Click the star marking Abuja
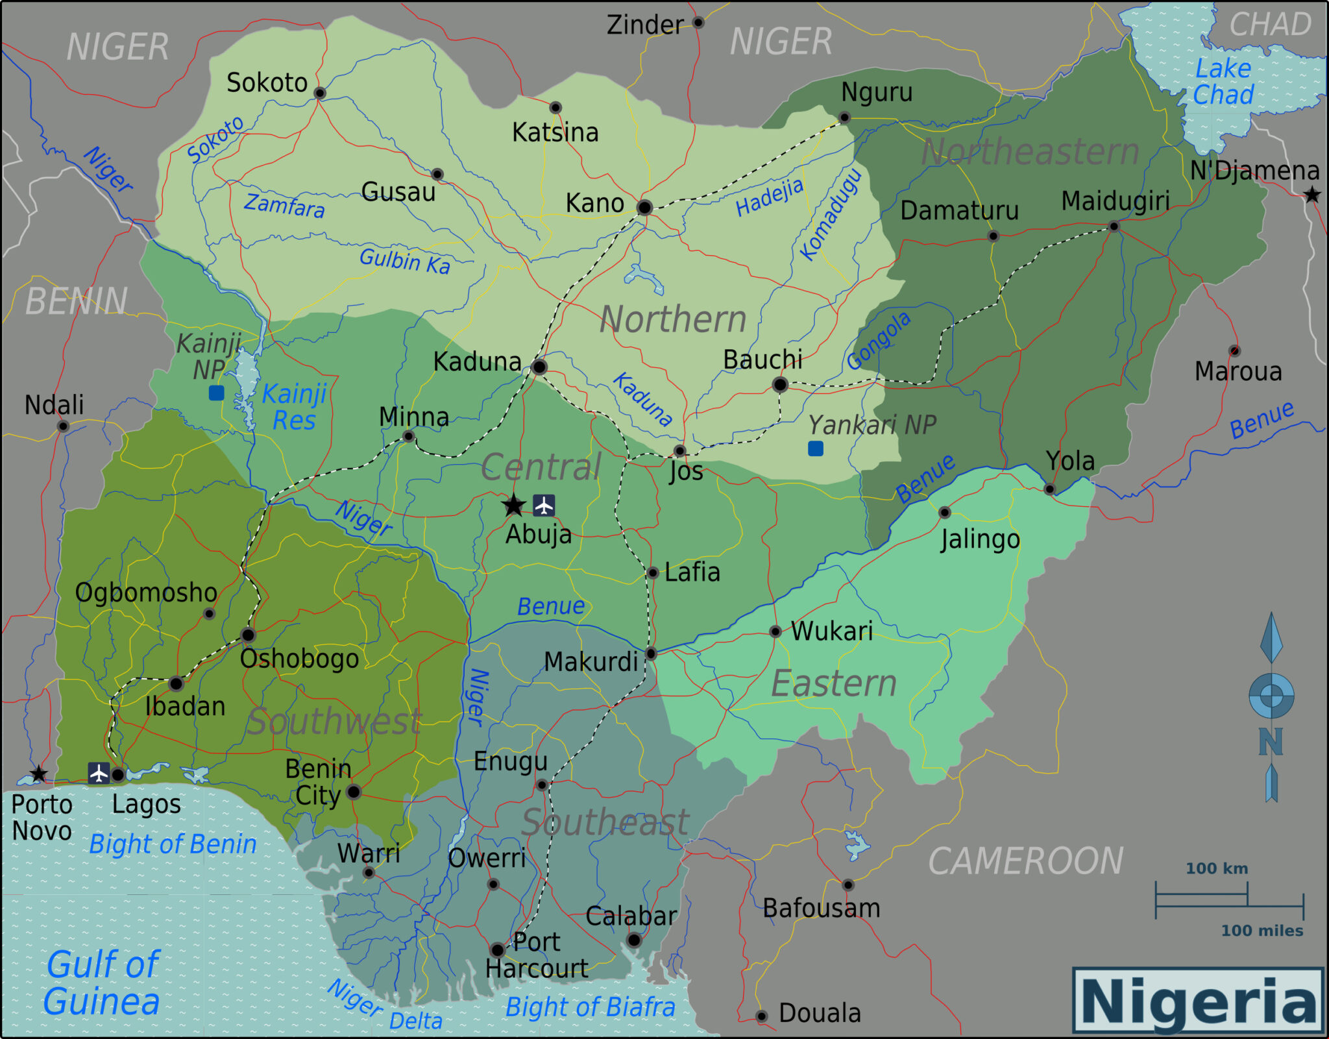click(513, 505)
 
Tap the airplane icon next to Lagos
click(99, 773)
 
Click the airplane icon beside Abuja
click(544, 505)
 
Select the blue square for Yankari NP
click(816, 448)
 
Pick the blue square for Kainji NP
click(216, 393)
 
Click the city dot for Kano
click(644, 208)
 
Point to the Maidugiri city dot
click(1114, 226)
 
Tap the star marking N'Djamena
click(1311, 195)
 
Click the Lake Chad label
click(1223, 82)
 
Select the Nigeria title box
click(1198, 1000)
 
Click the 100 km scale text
click(1217, 868)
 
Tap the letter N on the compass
click(1270, 741)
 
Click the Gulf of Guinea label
click(102, 983)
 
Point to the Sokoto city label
click(267, 83)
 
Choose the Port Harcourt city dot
click(497, 950)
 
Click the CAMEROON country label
click(1025, 861)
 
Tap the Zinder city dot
click(698, 23)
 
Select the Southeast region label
click(605, 822)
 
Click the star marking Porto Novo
click(39, 774)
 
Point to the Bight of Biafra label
click(590, 1007)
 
